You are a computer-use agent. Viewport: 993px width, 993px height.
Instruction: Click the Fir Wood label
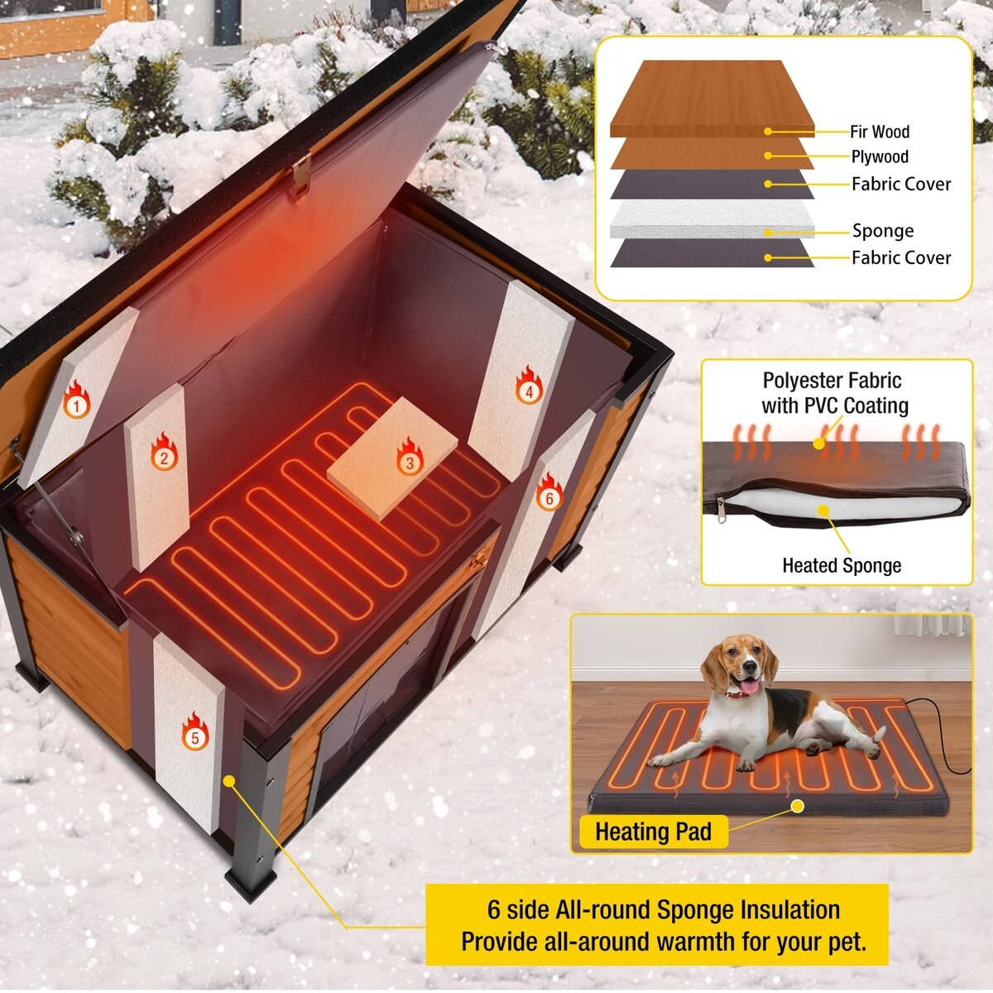click(x=879, y=132)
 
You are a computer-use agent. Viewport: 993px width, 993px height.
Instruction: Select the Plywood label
click(x=880, y=156)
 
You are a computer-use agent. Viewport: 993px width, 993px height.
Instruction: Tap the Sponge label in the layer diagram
click(x=883, y=231)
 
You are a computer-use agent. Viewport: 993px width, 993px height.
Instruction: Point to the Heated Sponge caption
click(x=842, y=566)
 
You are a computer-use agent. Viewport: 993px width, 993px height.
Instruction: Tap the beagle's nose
click(x=750, y=666)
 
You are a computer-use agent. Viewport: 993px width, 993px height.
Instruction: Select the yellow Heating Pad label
click(x=653, y=831)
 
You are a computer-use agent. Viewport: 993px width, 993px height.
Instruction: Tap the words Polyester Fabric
click(x=832, y=381)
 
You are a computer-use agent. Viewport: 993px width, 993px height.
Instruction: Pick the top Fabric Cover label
click(x=901, y=184)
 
